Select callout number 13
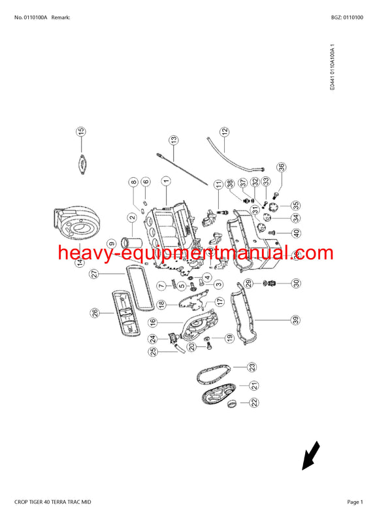(x=174, y=140)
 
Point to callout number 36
(x=281, y=167)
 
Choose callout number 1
(x=166, y=182)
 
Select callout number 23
(x=252, y=367)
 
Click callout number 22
(x=252, y=403)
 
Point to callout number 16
(x=152, y=322)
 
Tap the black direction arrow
(x=310, y=456)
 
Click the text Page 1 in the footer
(x=355, y=501)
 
